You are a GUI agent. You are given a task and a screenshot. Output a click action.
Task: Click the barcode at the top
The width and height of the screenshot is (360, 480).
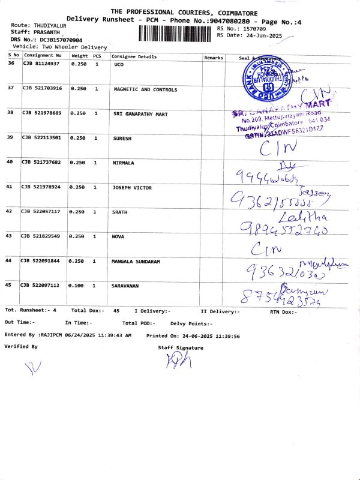click(176, 33)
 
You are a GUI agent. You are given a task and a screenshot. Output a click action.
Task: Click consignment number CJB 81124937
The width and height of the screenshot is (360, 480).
click(41, 63)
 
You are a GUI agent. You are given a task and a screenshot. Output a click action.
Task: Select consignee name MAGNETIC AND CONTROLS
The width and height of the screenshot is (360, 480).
click(145, 89)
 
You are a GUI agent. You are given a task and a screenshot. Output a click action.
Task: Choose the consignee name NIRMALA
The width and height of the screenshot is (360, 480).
click(124, 163)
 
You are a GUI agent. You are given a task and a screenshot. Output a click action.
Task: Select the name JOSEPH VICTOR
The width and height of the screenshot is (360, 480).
click(132, 187)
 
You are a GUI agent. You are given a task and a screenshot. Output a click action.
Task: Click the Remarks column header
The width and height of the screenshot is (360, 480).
click(214, 57)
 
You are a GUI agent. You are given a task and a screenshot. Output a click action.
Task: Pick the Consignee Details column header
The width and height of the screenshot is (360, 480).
click(134, 57)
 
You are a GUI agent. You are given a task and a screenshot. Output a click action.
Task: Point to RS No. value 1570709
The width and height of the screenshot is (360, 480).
click(252, 28)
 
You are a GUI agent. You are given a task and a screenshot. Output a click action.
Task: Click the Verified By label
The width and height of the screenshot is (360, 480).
click(21, 347)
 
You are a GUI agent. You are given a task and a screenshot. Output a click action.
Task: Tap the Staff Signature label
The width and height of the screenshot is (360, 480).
click(181, 347)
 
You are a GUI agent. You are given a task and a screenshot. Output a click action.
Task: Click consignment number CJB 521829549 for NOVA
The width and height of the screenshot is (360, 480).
click(42, 236)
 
